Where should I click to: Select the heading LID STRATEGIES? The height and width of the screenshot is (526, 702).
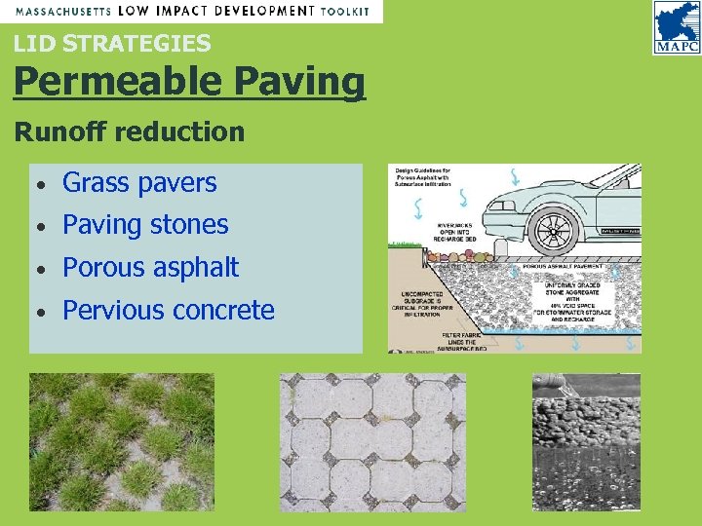pyautogui.click(x=111, y=44)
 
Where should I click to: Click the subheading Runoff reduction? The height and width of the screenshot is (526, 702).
pyautogui.click(x=129, y=131)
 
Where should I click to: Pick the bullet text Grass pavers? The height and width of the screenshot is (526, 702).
pyautogui.click(x=139, y=182)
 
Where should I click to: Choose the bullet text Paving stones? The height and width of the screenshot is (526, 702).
pyautogui.click(x=145, y=225)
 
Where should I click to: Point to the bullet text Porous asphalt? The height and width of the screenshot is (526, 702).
pyautogui.click(x=150, y=268)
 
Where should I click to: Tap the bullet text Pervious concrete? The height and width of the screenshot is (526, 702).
pyautogui.click(x=169, y=311)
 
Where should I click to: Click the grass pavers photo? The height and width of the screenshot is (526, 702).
pyautogui.click(x=121, y=442)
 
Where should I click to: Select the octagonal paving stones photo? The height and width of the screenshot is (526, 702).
pyautogui.click(x=372, y=442)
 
